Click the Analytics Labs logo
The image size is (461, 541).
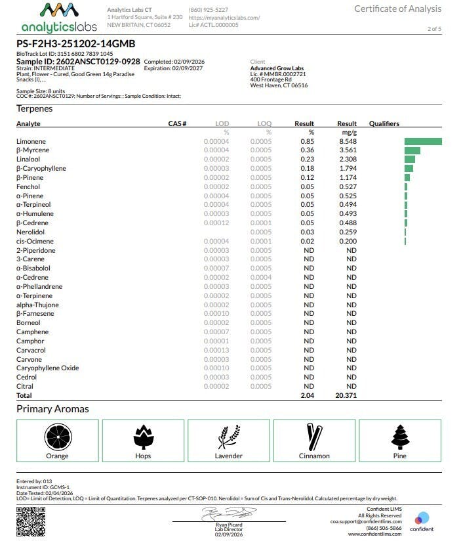[58, 18]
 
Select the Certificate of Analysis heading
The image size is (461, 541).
[397, 9]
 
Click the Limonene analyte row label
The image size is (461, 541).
[31, 141]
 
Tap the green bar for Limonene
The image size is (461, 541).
[423, 141]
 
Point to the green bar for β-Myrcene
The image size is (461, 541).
[412, 150]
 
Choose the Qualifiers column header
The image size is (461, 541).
[384, 123]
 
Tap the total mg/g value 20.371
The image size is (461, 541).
[345, 396]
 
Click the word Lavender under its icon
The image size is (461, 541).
[228, 456]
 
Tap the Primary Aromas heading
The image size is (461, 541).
[52, 409]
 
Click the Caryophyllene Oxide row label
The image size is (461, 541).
[47, 368]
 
